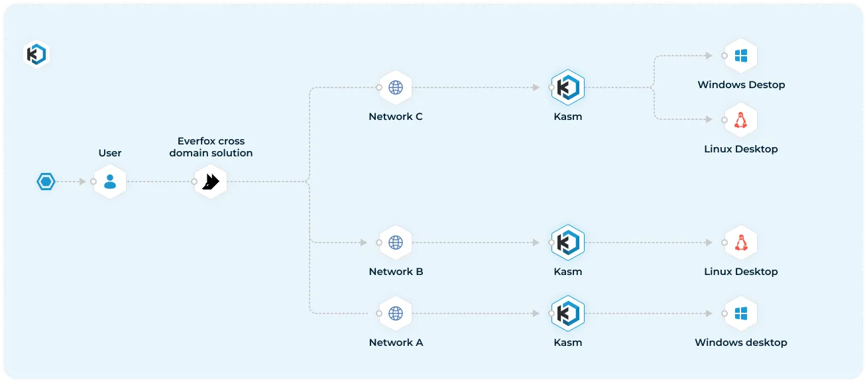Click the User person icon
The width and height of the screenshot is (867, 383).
click(x=110, y=182)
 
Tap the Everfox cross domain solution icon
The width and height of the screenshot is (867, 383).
click(x=211, y=182)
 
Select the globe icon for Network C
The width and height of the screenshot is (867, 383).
click(x=396, y=87)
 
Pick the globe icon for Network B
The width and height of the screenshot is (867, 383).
click(x=396, y=243)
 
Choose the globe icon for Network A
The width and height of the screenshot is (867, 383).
click(x=396, y=313)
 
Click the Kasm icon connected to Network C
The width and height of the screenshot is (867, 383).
click(x=567, y=87)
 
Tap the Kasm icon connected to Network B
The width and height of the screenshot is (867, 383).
click(x=567, y=243)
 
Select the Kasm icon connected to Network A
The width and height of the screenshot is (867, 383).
click(x=567, y=313)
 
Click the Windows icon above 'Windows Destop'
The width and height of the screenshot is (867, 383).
click(x=740, y=56)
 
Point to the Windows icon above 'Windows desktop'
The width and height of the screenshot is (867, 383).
click(x=740, y=313)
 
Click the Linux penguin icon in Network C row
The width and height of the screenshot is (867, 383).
click(x=740, y=120)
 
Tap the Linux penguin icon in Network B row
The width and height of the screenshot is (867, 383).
click(x=740, y=243)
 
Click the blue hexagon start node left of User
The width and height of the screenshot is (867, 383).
click(x=46, y=182)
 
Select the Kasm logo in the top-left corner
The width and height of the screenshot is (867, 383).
click(x=36, y=54)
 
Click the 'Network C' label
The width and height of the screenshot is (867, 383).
click(x=396, y=117)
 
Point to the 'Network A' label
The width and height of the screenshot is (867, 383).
click(x=396, y=343)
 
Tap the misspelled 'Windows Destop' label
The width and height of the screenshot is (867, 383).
click(x=741, y=85)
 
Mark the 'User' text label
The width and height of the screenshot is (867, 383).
click(x=110, y=153)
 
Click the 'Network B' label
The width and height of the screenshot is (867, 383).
click(x=396, y=272)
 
